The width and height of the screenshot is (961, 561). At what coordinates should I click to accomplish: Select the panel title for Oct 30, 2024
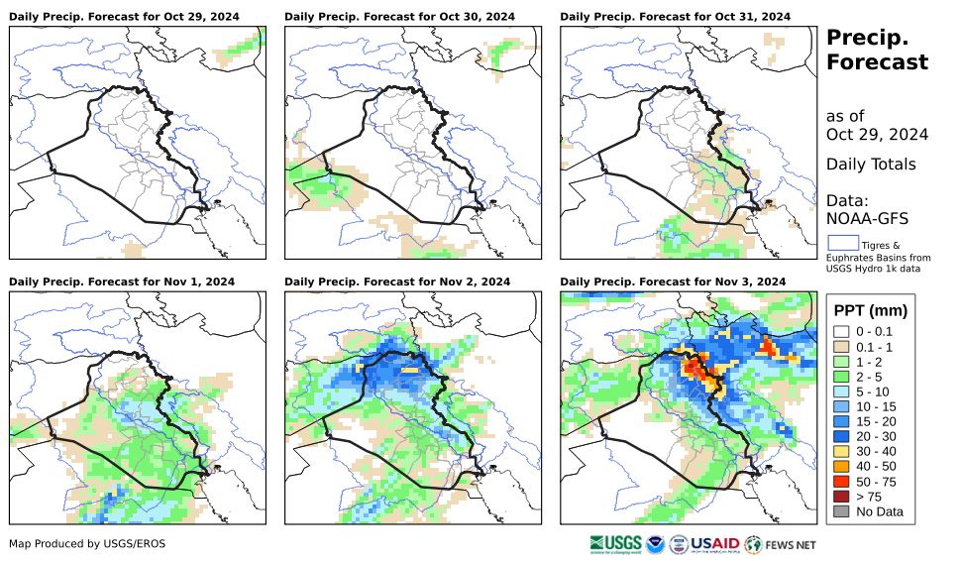coord(399,17)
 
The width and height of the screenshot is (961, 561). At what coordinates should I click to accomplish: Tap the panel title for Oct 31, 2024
coord(675,17)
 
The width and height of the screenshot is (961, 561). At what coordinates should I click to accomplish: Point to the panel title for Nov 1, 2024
coord(122,281)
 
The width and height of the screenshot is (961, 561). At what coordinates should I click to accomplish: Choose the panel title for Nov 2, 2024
coord(397,281)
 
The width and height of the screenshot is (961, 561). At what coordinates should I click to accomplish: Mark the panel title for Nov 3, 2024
coord(673,281)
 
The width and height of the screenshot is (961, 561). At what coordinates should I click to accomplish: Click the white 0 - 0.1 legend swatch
coord(841,332)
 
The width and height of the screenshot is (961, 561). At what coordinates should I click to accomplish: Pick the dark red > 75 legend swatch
coord(841,496)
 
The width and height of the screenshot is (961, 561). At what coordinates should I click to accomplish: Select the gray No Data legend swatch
coord(841,512)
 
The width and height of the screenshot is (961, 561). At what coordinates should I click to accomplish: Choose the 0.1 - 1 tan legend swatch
coord(841,348)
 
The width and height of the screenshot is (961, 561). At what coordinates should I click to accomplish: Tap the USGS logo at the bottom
coord(614,544)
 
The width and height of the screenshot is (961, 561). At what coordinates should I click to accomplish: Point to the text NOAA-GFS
coord(867,218)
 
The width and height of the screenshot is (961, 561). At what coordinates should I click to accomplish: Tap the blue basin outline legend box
coord(843,242)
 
